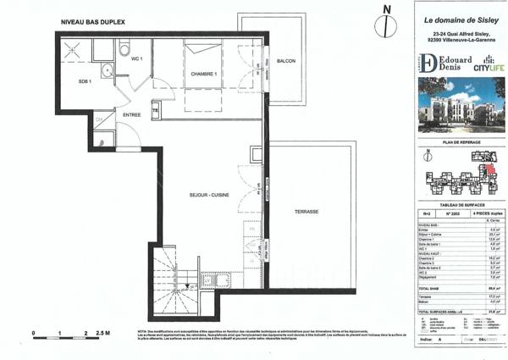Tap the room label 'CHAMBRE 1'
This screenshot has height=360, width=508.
(203, 75)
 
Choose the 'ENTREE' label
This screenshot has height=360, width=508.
(132, 114)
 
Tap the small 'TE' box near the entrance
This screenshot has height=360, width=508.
(156, 109)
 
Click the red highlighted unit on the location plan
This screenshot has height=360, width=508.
(489, 168)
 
